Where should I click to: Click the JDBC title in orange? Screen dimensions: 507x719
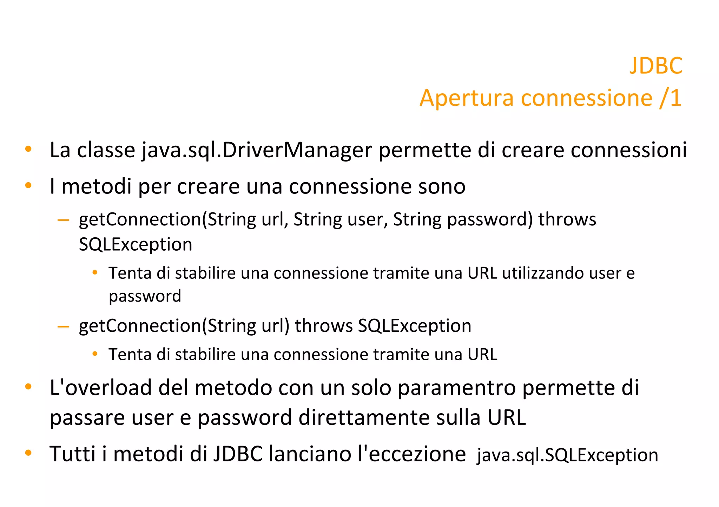point(656,66)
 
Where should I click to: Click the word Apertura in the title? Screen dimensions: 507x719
point(467,98)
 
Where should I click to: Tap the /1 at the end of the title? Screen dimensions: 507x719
point(671,98)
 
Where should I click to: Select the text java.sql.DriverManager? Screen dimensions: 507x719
point(257,150)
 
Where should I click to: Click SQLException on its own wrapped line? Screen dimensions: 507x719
point(136,245)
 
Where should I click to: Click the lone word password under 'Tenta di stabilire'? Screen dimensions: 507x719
point(145,296)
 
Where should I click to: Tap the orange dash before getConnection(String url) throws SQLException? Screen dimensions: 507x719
point(63,327)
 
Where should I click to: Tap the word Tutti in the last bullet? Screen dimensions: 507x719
point(73,454)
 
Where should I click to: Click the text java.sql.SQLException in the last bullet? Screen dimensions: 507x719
point(567,455)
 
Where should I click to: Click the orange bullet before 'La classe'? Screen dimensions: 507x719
point(28,149)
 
